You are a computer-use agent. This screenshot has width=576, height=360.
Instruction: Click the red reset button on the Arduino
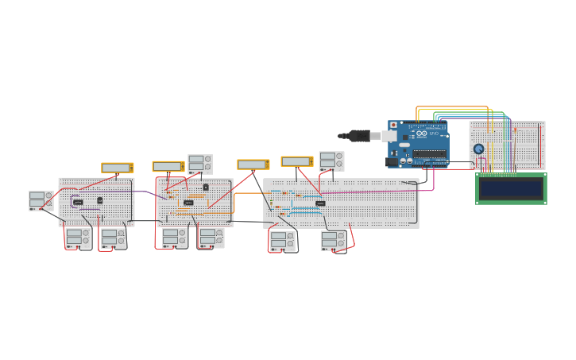point(392,125)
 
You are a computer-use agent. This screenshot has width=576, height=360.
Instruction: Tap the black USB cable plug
point(358,136)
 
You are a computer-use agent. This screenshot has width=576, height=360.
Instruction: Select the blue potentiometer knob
point(478,149)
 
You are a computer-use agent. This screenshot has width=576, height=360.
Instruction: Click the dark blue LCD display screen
point(510,188)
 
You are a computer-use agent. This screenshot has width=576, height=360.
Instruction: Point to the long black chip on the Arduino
point(429,153)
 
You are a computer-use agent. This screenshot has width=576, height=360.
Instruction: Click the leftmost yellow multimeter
point(117,168)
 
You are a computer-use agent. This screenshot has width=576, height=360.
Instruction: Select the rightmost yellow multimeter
point(296,161)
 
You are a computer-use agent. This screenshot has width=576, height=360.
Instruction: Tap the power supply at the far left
point(41,200)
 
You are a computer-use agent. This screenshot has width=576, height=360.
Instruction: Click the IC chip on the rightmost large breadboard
point(320,203)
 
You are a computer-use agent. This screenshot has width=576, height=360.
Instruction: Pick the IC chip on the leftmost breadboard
point(78,203)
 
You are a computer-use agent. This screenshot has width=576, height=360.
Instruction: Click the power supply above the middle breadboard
point(199,164)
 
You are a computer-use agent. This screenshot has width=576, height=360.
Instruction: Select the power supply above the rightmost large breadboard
point(331,161)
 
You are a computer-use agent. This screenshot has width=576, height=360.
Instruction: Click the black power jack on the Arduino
point(392,162)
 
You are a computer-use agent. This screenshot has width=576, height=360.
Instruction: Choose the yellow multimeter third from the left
point(253,165)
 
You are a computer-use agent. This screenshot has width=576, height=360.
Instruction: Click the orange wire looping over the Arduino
point(453,107)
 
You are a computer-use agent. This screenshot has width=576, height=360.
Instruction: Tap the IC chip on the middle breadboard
point(188,203)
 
